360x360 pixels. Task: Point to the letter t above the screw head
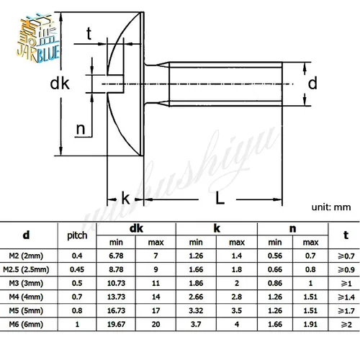[89, 32]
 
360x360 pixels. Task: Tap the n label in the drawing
[81, 130]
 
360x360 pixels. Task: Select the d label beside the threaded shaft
[312, 84]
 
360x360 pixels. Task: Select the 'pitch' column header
[77, 235]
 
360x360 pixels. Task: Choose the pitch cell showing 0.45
[77, 269]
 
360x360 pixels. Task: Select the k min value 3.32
[197, 310]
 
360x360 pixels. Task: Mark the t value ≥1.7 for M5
[345, 310]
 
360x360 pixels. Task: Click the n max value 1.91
[311, 324]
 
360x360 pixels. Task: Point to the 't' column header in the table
[345, 235]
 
